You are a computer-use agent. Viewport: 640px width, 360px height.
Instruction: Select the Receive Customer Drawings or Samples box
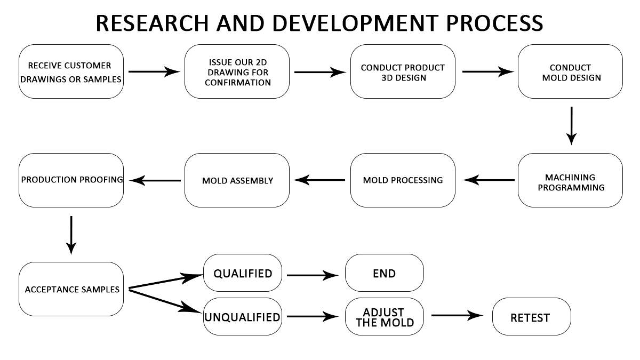coord(71,71)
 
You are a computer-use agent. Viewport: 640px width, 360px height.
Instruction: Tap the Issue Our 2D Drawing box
coord(237,71)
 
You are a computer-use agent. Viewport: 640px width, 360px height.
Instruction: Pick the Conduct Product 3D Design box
coord(403,71)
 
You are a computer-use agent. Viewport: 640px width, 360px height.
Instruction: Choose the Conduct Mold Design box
coord(570,71)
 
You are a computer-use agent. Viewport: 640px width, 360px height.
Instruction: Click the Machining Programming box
coord(570,180)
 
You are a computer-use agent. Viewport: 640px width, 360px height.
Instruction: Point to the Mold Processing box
coord(403,180)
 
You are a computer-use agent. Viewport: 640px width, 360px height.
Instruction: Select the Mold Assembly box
coord(237,180)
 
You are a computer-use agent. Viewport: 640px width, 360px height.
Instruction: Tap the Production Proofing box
coord(71,180)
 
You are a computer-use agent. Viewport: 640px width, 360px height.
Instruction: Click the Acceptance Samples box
coord(71,289)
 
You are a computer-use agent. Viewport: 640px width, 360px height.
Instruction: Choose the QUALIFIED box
coord(243,274)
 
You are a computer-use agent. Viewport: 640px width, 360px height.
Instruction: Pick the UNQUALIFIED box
coord(243,317)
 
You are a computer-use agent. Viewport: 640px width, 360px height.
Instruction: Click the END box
coord(384,273)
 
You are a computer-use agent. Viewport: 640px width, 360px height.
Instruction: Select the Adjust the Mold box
coord(384,316)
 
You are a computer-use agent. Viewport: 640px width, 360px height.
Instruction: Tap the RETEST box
coord(531,317)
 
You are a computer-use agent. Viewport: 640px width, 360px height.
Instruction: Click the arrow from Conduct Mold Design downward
coord(571,126)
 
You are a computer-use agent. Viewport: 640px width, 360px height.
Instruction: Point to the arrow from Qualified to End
coord(313,275)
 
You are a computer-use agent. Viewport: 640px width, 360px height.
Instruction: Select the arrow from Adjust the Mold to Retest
coord(460,315)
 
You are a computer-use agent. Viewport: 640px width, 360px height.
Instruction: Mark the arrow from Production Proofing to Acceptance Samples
coord(71,235)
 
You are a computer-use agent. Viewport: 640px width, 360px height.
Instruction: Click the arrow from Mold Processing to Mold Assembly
coord(320,180)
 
